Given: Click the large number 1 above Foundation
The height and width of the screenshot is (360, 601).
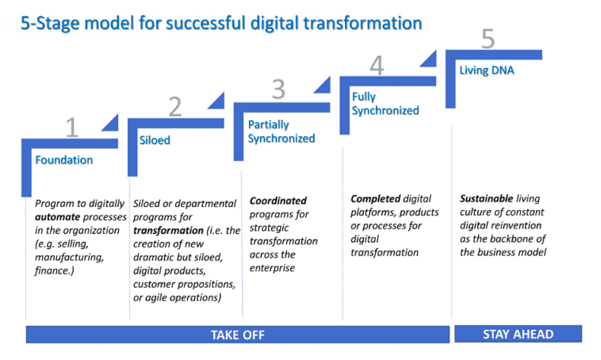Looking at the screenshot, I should tap(71, 127).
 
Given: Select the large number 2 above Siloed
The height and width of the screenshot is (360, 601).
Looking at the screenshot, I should tap(175, 107).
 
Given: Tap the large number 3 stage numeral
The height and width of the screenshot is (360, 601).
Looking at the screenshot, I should tap(278, 89).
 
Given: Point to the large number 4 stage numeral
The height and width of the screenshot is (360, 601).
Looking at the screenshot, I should tap(377, 66).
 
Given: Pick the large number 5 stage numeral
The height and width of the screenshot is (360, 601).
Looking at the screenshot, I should tap(488, 39).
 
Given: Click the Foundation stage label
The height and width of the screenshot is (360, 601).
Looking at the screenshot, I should tap(63, 160).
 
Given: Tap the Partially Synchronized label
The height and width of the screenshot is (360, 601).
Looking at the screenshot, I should tap(281, 132).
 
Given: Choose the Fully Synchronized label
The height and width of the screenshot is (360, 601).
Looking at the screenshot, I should tap(385, 104).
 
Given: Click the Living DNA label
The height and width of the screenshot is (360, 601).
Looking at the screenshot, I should tap(486, 71).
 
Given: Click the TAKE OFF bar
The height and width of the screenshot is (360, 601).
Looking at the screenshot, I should tap(237, 335).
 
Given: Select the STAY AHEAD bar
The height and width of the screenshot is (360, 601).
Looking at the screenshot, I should tap(518, 334).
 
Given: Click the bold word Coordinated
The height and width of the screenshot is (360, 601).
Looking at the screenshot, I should tap(278, 201).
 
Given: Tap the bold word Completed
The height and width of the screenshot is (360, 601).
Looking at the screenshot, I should tap(375, 199).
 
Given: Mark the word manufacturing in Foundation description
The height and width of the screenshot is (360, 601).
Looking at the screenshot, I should tap(69, 258).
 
